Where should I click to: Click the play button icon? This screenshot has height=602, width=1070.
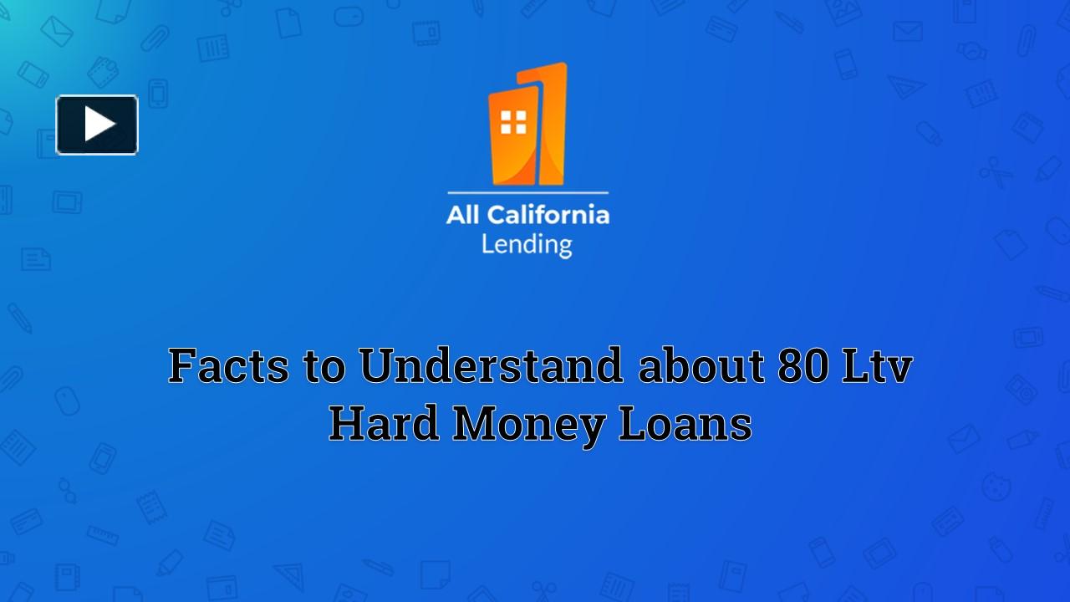tap(97, 125)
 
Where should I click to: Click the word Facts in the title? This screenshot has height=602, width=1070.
tap(229, 366)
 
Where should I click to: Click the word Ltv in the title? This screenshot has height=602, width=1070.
tap(877, 366)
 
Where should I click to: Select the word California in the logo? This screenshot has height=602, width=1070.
tap(548, 215)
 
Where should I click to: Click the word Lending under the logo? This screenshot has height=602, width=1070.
tap(527, 244)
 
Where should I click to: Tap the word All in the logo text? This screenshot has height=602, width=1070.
tap(463, 215)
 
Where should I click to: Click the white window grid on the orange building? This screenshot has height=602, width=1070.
tap(513, 122)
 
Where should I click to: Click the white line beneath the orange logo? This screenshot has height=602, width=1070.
tap(527, 193)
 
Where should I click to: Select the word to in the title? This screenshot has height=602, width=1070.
tap(324, 366)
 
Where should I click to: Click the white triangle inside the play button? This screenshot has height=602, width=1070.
tap(99, 125)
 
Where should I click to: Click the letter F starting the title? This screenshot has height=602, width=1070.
tap(182, 366)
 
